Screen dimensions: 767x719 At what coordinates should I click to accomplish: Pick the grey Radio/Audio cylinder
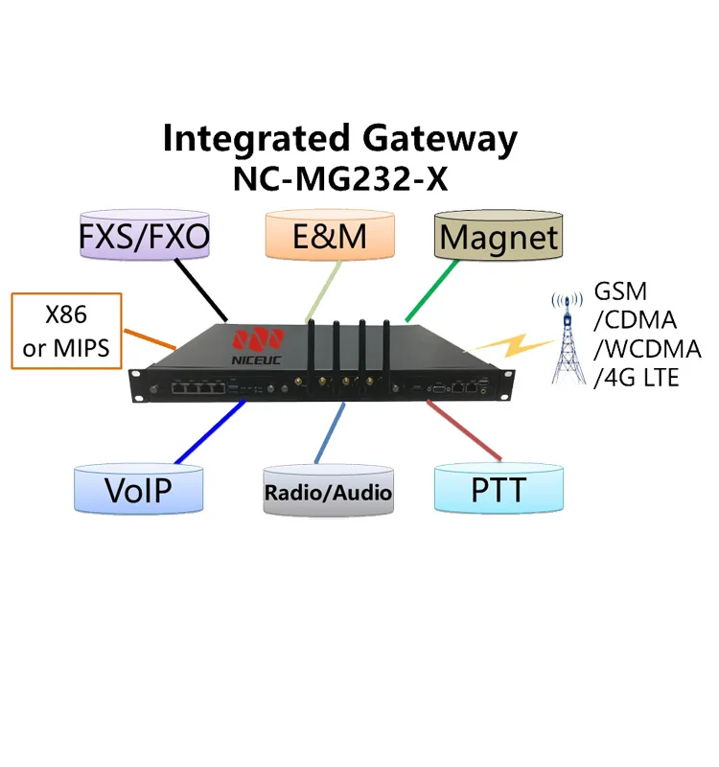click(x=329, y=492)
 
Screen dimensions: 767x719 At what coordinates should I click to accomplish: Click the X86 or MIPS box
click(x=67, y=332)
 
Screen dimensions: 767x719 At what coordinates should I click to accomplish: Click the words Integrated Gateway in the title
click(x=339, y=138)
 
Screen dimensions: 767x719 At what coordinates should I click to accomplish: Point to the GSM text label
click(x=621, y=291)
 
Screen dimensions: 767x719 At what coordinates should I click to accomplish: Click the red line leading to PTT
click(x=464, y=430)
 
